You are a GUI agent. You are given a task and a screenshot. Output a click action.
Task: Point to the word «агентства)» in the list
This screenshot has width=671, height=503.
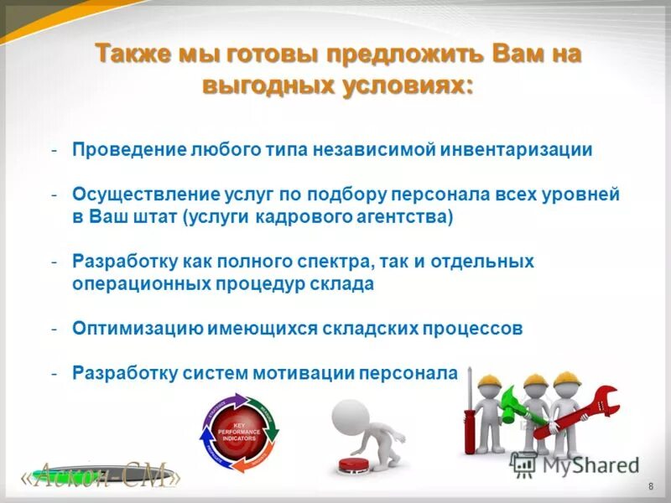(x=410, y=216)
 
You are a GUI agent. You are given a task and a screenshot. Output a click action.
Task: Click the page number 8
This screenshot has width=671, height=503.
(x=651, y=488)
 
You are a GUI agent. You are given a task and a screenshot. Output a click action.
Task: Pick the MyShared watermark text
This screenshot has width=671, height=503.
(x=587, y=464)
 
